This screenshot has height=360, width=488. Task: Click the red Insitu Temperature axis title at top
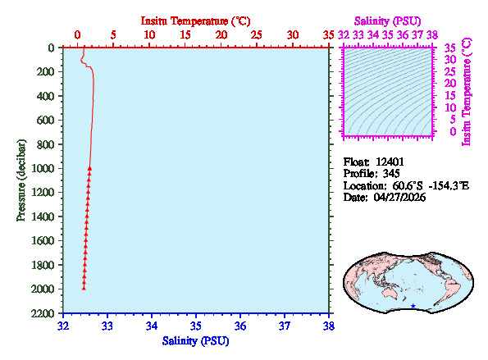195,20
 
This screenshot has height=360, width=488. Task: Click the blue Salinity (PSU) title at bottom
195,340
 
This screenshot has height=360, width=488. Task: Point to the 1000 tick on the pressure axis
45,169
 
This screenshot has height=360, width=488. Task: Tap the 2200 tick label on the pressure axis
45,314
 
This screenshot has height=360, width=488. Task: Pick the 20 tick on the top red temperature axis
221,35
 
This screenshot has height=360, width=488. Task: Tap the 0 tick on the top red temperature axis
77,35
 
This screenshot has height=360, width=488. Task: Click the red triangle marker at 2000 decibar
84,287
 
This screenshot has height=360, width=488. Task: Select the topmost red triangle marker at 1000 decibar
89,168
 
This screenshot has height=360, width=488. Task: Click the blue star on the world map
413,306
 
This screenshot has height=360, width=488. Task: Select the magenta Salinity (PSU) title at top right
389,20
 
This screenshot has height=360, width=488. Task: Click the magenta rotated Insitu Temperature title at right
467,90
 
